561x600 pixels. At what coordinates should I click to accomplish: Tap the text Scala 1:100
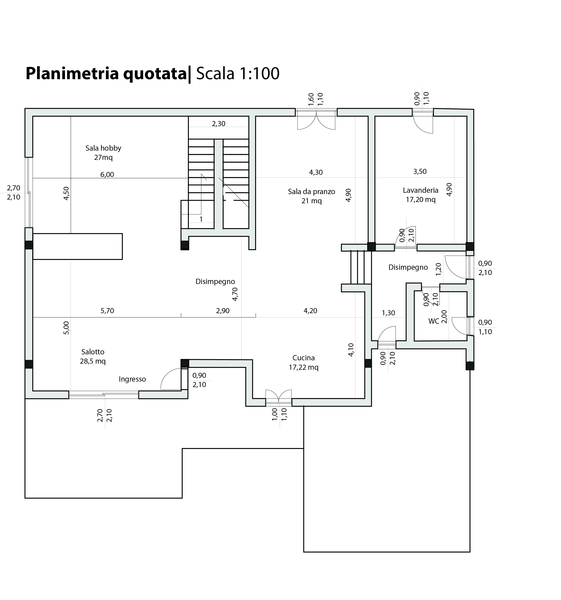238,73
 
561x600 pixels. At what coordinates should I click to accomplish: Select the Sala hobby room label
103,153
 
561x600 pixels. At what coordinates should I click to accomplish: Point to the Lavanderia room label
421,195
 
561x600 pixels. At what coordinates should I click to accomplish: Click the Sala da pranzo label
312,196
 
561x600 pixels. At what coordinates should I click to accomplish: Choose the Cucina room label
304,362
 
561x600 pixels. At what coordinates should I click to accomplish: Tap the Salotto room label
93,356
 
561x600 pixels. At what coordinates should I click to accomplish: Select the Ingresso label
132,379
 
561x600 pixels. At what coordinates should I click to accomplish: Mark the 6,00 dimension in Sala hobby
107,174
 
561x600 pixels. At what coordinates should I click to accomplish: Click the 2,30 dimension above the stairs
219,124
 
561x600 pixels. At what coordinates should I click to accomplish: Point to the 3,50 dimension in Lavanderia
420,172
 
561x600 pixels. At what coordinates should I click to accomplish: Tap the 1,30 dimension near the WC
388,313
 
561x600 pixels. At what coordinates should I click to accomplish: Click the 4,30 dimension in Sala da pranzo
316,172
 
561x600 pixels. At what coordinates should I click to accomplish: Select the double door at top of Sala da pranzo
316,120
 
